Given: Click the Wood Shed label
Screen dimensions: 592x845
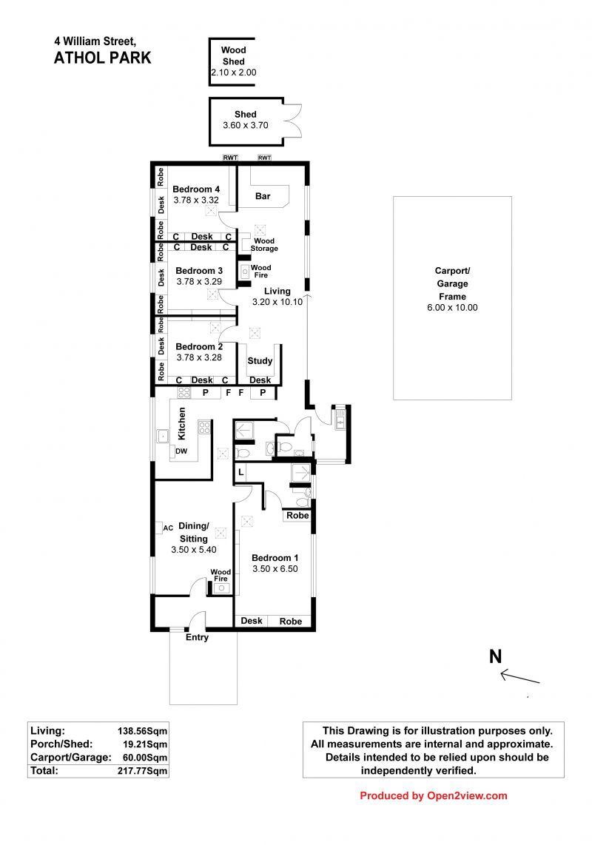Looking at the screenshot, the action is pyautogui.click(x=233, y=55).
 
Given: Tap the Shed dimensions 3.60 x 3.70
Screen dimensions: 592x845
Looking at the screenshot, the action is pyautogui.click(x=246, y=125).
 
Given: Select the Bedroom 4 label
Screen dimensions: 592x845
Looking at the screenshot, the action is pyautogui.click(x=195, y=189).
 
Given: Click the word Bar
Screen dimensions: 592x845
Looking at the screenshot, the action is pyautogui.click(x=263, y=196).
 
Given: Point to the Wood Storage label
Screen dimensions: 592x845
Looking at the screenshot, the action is pyautogui.click(x=264, y=245).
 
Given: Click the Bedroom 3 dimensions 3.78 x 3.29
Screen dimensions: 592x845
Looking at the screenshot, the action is pyautogui.click(x=199, y=281).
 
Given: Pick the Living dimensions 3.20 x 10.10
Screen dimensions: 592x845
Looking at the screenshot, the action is pyautogui.click(x=277, y=302).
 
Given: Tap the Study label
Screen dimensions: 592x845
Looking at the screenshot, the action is pyautogui.click(x=260, y=361).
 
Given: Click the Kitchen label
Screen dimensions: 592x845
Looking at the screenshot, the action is pyautogui.click(x=182, y=423).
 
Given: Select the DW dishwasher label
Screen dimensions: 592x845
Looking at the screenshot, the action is pyautogui.click(x=182, y=451).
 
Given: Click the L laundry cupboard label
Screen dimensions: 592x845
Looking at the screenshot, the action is pyautogui.click(x=241, y=473).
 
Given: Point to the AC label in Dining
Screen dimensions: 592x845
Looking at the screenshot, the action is pyautogui.click(x=168, y=528).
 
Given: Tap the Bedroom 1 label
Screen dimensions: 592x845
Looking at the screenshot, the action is pyautogui.click(x=275, y=558).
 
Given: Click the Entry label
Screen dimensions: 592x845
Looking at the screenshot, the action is pyautogui.click(x=197, y=637).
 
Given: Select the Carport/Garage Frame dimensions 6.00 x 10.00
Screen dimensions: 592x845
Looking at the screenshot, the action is pyautogui.click(x=452, y=308).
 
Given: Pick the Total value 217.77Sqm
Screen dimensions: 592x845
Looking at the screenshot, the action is pyautogui.click(x=142, y=771).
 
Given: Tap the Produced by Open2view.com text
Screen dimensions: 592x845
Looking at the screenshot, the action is pyautogui.click(x=434, y=796).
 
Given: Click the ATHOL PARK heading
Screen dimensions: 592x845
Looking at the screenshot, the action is pyautogui.click(x=102, y=58).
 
